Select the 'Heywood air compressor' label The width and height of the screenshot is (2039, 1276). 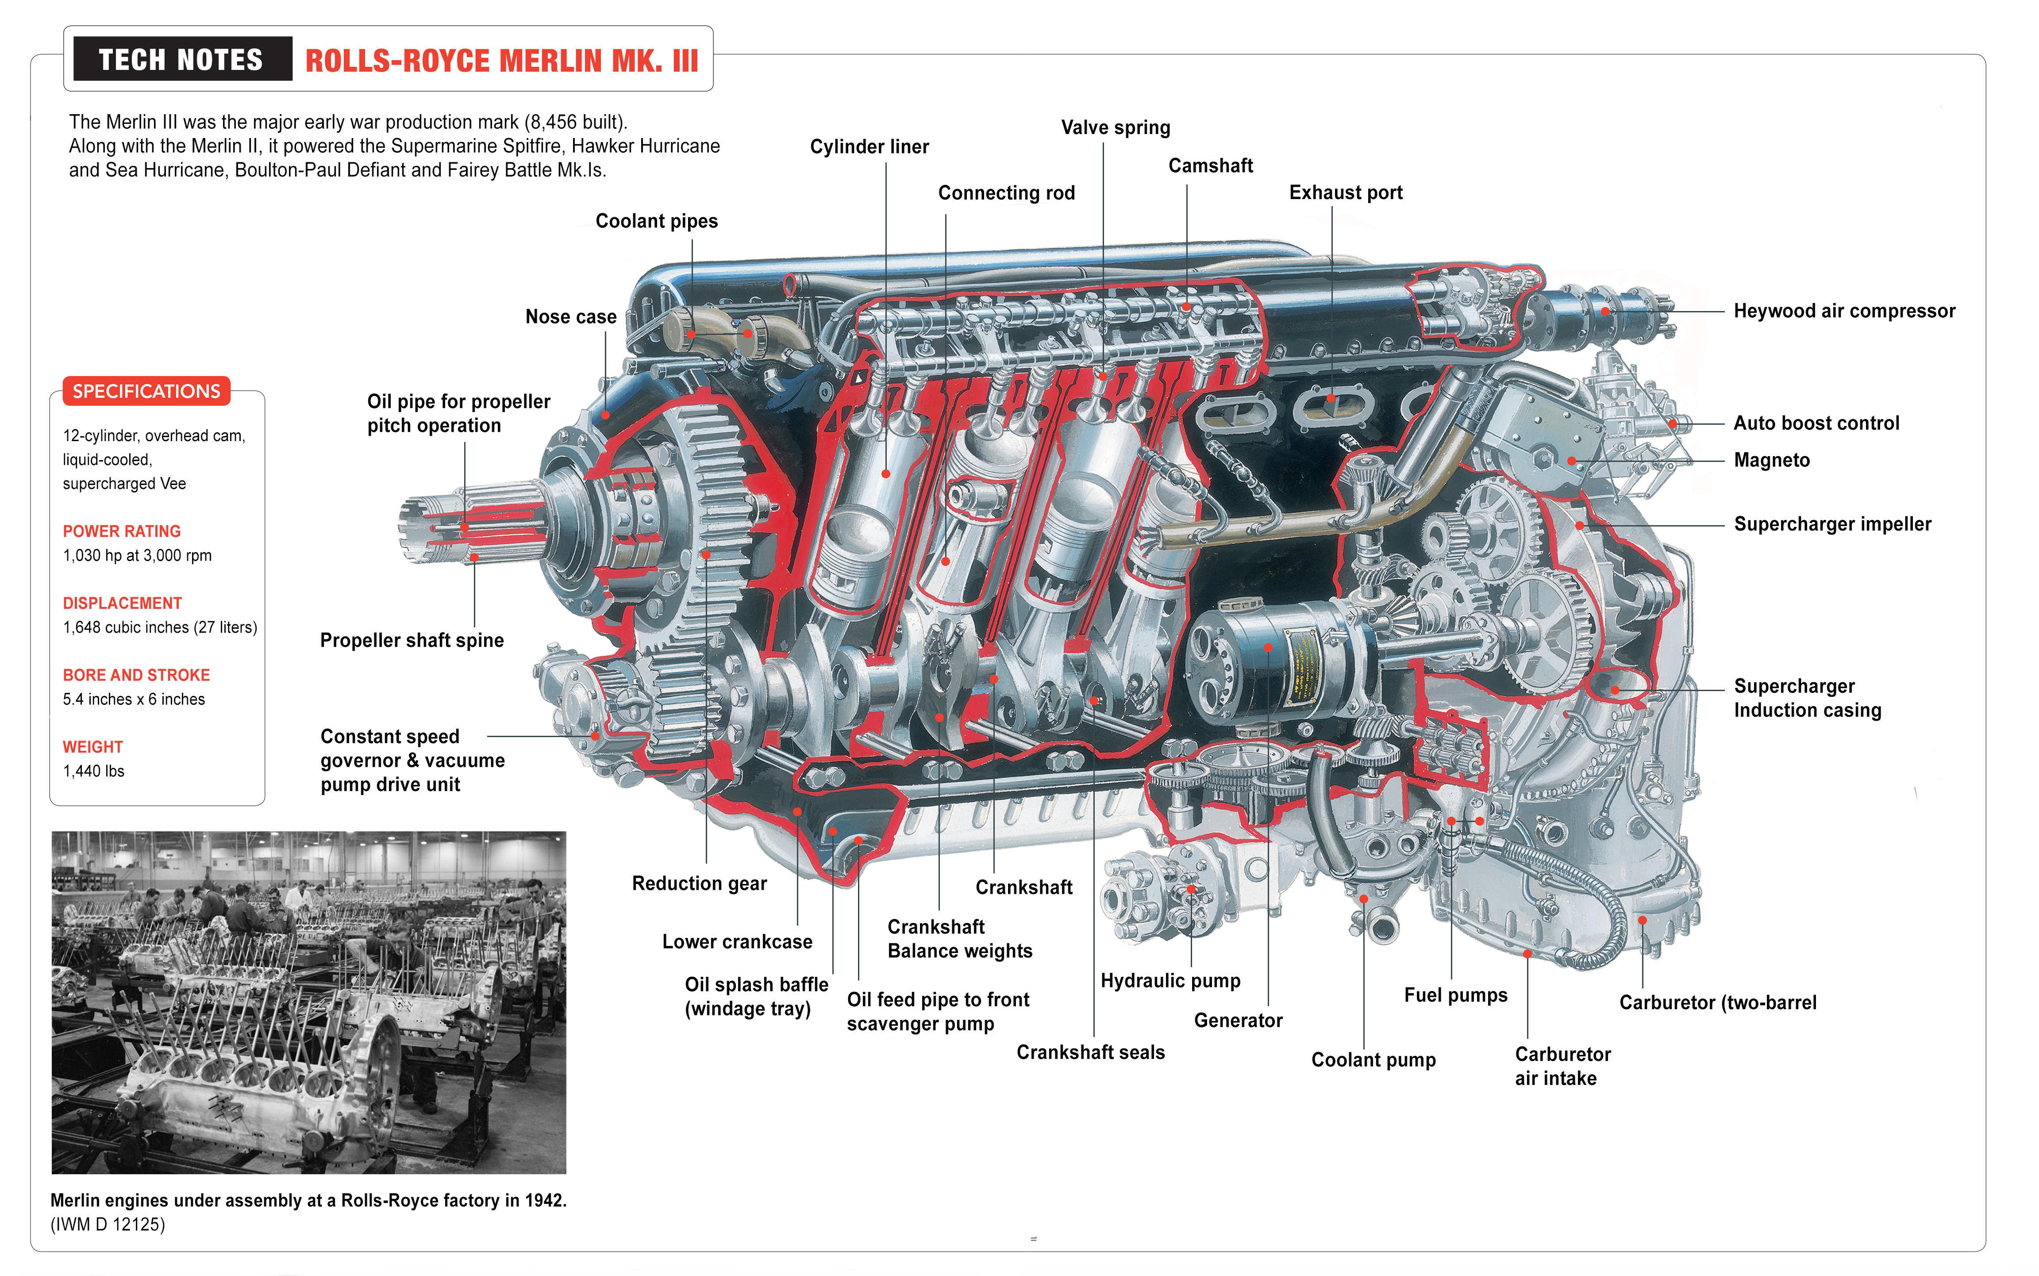click(x=1843, y=311)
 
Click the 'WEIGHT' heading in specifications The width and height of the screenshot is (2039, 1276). click(x=93, y=747)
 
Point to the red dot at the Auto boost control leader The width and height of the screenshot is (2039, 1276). click(x=1672, y=424)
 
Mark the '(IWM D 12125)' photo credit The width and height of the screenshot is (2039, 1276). click(x=108, y=1225)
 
